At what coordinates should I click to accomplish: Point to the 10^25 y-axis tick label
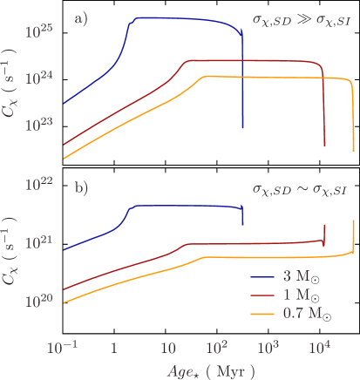tap(40, 31)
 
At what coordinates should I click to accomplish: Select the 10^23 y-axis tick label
tap(40, 126)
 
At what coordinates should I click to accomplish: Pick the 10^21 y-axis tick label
tap(40, 241)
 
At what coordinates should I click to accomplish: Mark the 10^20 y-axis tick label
tap(40, 301)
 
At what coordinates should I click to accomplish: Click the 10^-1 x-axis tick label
tap(62, 346)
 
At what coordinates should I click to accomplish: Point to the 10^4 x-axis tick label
tap(321, 346)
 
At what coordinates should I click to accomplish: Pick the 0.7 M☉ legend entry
tap(292, 314)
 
